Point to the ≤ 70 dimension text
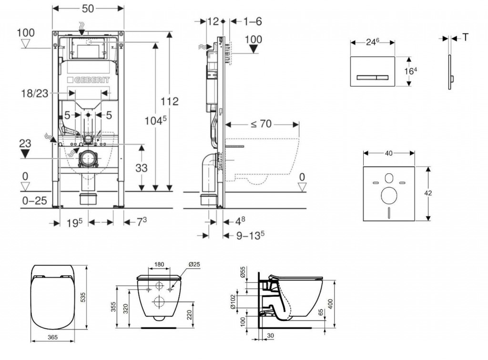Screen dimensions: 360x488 click(261, 124)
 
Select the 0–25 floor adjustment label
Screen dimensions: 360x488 click(34, 200)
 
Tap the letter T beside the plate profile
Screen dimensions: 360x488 click(465, 38)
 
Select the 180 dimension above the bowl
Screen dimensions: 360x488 click(159, 265)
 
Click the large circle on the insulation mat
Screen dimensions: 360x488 click(389, 194)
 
